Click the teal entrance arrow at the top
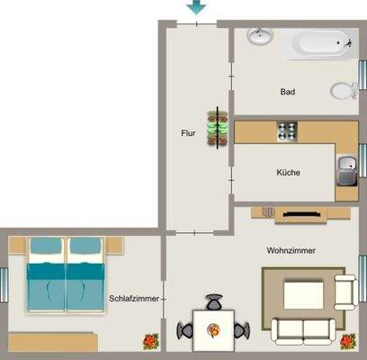point(195,8)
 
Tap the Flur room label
point(188,133)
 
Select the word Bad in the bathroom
point(288,92)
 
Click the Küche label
point(288,173)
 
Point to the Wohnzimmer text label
point(291,250)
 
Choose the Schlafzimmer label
point(134,298)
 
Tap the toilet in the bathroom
point(343,90)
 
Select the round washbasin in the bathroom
point(260,37)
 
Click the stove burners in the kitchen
point(286,131)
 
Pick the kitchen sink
point(346,164)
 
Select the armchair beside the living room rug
point(345,290)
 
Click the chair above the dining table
point(214,303)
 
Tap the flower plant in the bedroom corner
point(149,342)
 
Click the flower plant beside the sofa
point(348,341)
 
